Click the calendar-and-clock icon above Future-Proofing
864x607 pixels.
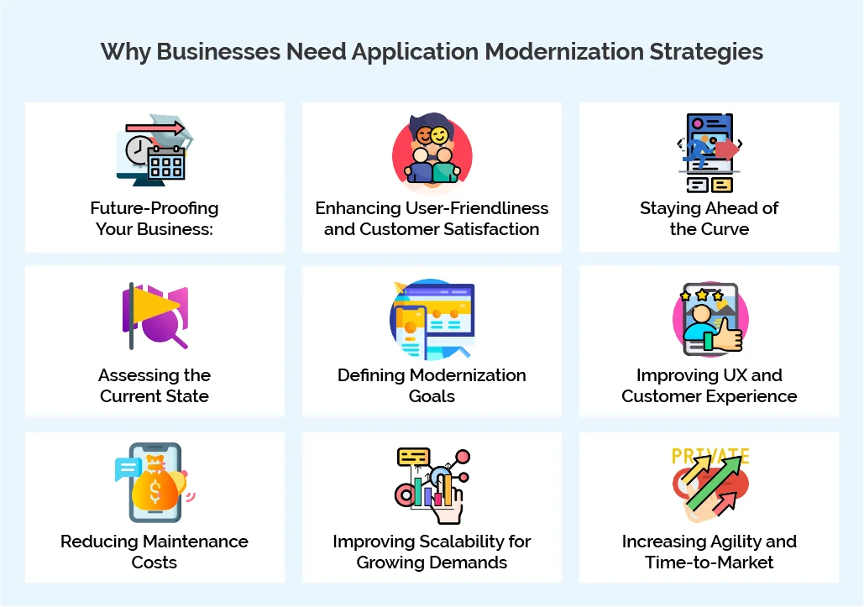tap(154, 151)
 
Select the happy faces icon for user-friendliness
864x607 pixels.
tap(432, 151)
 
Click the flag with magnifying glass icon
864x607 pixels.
tap(154, 317)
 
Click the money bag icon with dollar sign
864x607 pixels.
tap(155, 484)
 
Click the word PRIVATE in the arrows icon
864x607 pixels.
tap(710, 456)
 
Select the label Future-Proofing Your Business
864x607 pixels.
tap(154, 218)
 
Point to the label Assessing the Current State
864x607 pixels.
tap(154, 385)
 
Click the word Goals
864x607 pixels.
tap(432, 395)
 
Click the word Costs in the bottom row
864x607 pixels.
tap(154, 562)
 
